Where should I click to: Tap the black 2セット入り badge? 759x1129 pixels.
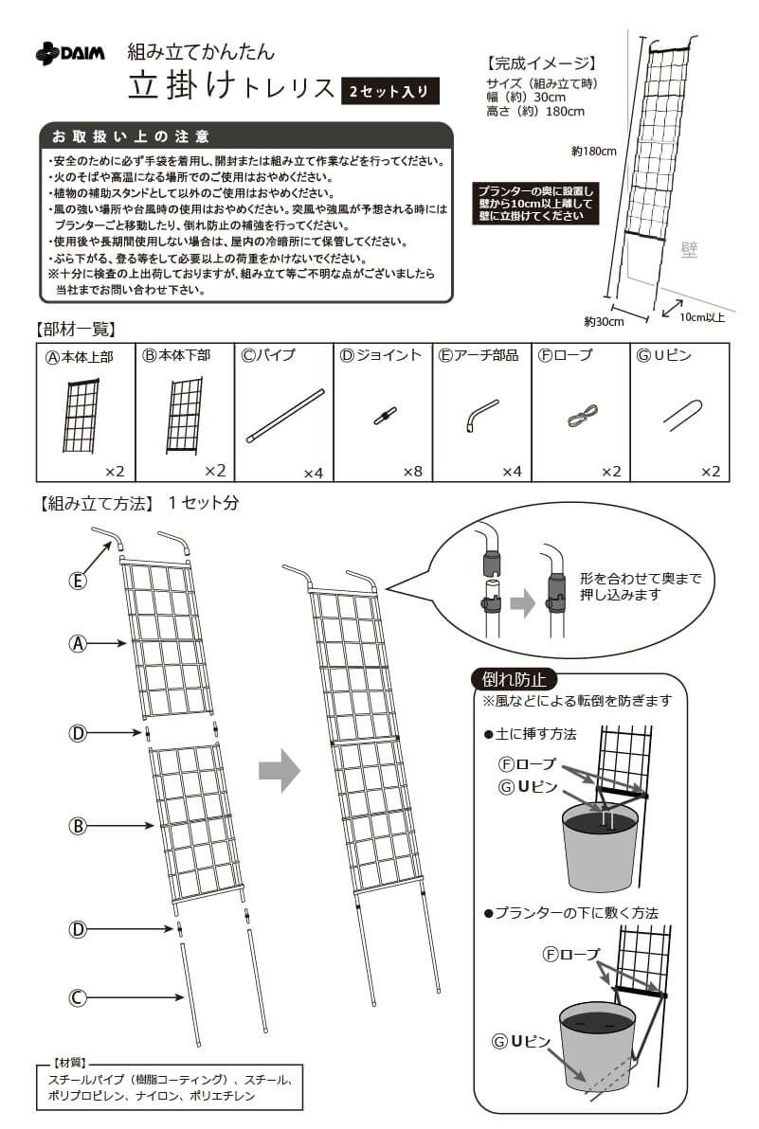click(x=389, y=91)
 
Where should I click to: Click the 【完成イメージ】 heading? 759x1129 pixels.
click(x=540, y=64)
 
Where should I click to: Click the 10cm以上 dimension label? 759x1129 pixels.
click(x=701, y=317)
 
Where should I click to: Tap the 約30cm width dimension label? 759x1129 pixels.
click(x=604, y=322)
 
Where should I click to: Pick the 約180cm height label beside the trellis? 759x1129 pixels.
click(x=594, y=151)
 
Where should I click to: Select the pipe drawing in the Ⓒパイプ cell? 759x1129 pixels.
click(x=284, y=416)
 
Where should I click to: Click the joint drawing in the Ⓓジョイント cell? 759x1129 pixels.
click(x=384, y=416)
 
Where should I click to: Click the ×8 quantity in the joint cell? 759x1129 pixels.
click(x=412, y=471)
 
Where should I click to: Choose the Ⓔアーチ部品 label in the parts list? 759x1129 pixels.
click(x=480, y=355)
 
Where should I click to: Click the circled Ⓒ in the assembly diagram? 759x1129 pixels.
click(x=79, y=996)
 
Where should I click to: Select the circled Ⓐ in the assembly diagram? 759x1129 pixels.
click(x=79, y=643)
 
